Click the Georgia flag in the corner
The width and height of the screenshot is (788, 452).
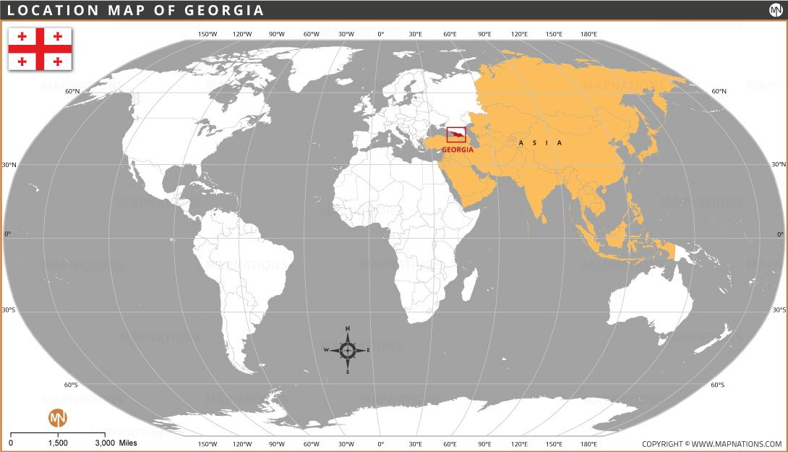[40, 48]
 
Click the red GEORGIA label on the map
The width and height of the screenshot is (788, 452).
[458, 150]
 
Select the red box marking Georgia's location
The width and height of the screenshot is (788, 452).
[456, 135]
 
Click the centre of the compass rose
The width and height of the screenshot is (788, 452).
[348, 350]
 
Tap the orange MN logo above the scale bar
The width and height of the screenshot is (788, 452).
[58, 418]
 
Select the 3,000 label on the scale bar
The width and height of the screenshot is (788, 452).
[105, 443]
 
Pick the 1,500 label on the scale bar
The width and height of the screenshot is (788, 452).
[58, 443]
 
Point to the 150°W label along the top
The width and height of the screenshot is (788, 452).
[207, 34]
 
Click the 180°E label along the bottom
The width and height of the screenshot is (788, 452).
[588, 443]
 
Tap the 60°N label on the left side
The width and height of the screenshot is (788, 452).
[72, 91]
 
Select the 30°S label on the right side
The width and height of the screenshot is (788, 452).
[779, 310]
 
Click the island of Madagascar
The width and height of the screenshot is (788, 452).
[468, 283]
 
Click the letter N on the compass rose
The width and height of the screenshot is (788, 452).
[348, 329]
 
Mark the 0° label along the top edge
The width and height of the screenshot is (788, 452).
[381, 34]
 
